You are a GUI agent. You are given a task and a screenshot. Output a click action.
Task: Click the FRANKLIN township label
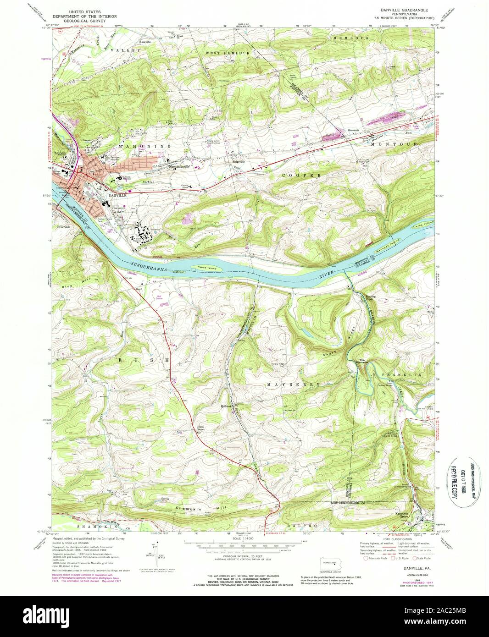(x=400, y=375)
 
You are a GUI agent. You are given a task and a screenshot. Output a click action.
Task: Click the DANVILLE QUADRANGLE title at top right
(x=389, y=9)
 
